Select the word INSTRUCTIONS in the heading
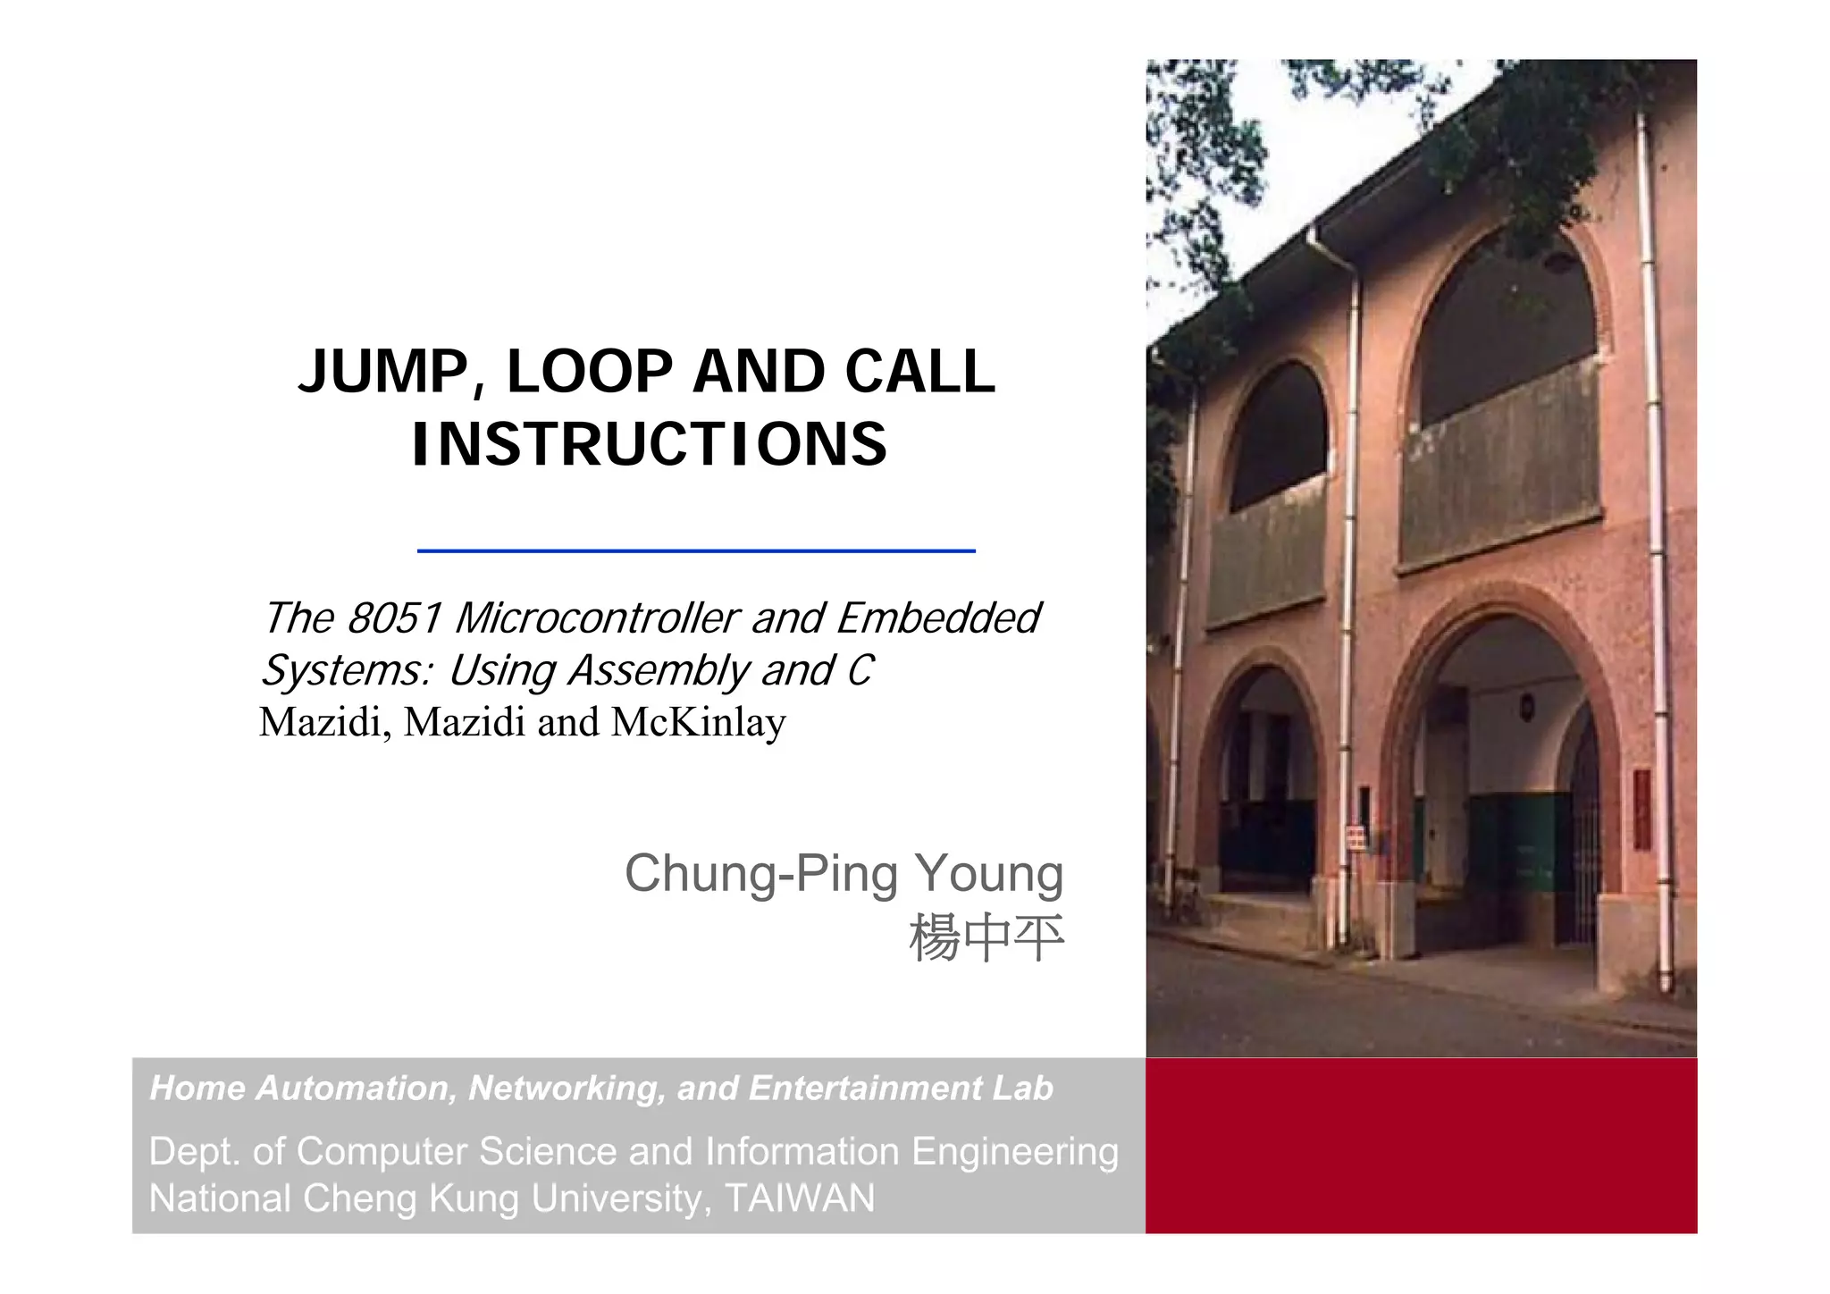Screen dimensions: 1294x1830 [650, 445]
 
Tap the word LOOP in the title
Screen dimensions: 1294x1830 [590, 372]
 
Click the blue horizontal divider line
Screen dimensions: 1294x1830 [696, 551]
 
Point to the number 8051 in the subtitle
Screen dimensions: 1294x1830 [394, 618]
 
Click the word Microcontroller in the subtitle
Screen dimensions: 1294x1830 [596, 618]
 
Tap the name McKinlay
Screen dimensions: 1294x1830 [698, 722]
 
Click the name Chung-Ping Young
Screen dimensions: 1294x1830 [844, 873]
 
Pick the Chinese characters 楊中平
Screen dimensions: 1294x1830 [986, 938]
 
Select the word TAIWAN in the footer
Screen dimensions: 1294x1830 [800, 1198]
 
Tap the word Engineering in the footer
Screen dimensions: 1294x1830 [1015, 1152]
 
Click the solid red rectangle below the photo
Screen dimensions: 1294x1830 [1421, 1146]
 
